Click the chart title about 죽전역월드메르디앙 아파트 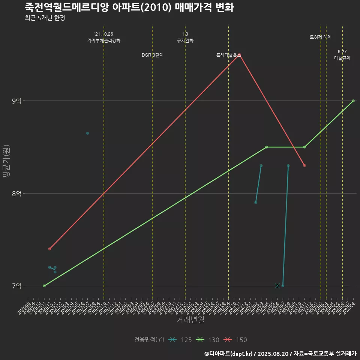[129, 7]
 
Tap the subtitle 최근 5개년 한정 [45, 18]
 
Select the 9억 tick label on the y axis [17, 101]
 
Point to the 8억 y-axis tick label [17, 193]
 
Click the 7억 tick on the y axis [17, 286]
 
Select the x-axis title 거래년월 [190, 320]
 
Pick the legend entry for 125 [180, 340]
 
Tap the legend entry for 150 [235, 340]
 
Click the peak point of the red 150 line [239, 55]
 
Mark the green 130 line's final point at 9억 [353, 101]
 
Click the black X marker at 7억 [277, 286]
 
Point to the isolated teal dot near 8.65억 [87, 133]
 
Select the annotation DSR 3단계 [153, 55]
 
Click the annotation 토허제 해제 [321, 37]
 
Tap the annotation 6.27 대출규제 [342, 55]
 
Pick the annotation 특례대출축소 [228, 55]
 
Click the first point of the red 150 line [49, 249]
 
